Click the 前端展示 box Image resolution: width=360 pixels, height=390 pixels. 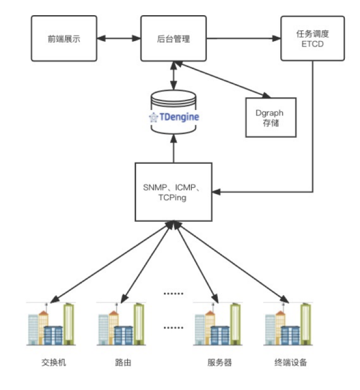64,39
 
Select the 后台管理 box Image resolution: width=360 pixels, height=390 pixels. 173,39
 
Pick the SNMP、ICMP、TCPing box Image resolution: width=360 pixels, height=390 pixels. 173,191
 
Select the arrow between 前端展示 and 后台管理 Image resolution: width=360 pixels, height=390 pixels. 118,39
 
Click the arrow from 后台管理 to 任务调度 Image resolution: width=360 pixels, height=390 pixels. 243,39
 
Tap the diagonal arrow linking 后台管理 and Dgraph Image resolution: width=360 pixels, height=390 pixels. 223,79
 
